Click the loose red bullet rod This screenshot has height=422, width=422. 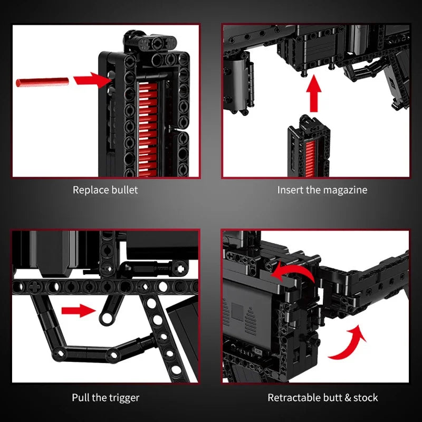point(42,82)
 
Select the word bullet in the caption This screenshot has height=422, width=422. point(124,190)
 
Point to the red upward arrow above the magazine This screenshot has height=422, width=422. point(313,93)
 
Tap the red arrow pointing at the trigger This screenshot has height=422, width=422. point(79,311)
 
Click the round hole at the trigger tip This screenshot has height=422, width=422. point(107,318)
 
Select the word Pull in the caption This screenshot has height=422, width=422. point(81,398)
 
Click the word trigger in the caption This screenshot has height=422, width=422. point(124,398)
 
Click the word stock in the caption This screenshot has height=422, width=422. point(366,398)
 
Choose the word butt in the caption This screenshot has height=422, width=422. point(332,398)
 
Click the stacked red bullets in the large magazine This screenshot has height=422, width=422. point(148,129)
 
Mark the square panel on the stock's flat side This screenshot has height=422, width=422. point(237,312)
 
